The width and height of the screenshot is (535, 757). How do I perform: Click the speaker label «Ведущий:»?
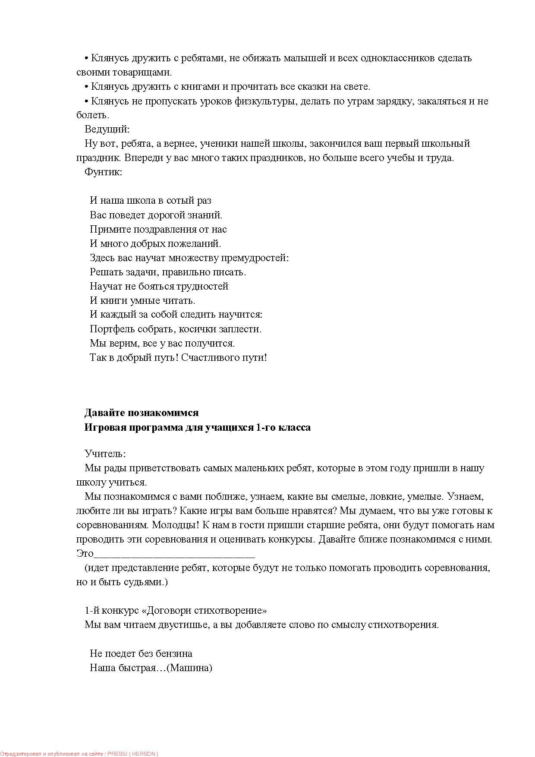107,129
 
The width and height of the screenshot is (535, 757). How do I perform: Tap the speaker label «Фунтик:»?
104,172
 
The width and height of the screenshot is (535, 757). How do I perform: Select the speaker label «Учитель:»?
105,454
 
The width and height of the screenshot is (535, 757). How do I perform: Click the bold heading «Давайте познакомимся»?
142,413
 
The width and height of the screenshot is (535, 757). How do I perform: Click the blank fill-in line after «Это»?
174,554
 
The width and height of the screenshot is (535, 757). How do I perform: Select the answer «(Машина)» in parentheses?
189,668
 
